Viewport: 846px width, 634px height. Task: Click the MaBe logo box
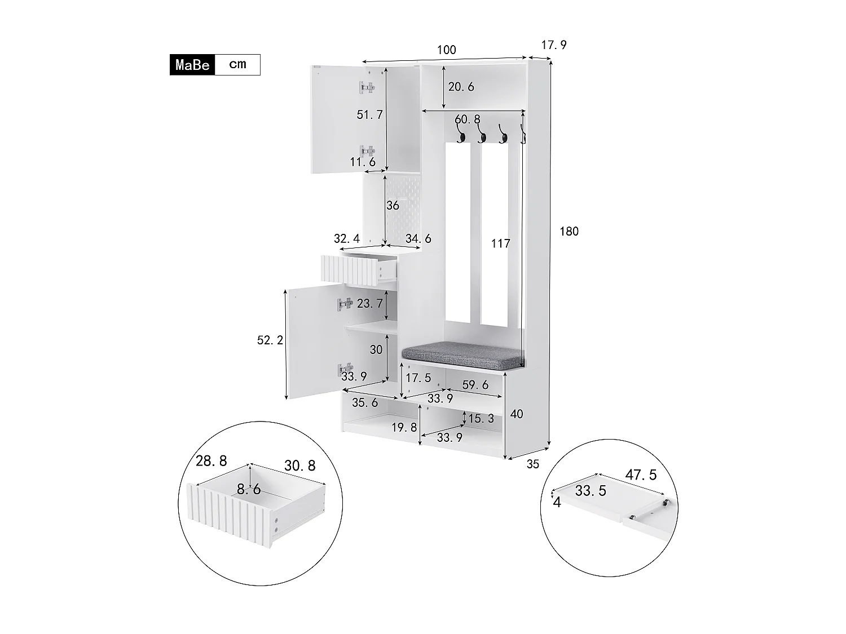click(192, 65)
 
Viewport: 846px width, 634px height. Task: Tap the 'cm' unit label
click(237, 64)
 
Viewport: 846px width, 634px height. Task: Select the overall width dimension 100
click(446, 50)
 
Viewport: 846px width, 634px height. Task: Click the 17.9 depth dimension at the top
click(553, 45)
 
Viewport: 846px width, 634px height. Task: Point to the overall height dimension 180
click(569, 231)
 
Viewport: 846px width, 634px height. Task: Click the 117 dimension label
click(500, 243)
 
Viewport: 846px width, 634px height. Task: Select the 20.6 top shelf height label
click(461, 87)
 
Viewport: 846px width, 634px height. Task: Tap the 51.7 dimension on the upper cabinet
click(369, 115)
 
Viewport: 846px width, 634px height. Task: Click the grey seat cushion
click(462, 353)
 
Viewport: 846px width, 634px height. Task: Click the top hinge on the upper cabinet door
click(367, 87)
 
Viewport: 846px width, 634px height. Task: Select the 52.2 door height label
click(270, 340)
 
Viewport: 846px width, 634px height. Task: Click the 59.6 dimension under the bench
click(475, 384)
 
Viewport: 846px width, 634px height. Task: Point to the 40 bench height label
click(516, 414)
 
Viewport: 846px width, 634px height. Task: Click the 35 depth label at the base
click(532, 464)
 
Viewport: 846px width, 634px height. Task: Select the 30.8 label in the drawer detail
click(299, 465)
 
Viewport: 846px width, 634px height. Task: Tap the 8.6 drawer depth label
click(249, 489)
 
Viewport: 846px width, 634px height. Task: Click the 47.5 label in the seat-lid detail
click(641, 475)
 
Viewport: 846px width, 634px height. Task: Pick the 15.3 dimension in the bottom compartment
click(481, 419)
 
